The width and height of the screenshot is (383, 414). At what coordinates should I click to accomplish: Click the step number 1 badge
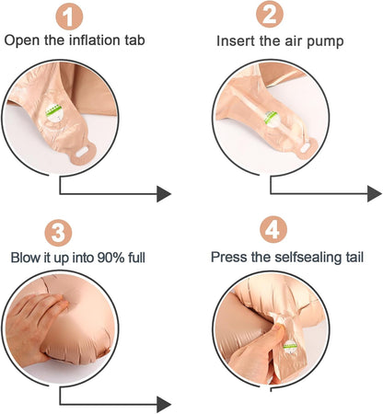[69, 17]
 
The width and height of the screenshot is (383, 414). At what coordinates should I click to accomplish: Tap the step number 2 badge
[270, 14]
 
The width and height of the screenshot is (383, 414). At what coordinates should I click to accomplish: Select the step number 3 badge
[58, 233]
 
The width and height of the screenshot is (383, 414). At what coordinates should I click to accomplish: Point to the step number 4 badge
[273, 229]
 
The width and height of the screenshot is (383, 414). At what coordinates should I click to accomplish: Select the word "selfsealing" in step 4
[308, 257]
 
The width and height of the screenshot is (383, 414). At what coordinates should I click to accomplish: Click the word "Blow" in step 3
[26, 258]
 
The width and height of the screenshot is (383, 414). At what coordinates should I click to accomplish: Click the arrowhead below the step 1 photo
[164, 194]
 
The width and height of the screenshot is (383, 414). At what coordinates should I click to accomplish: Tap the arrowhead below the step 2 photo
[375, 194]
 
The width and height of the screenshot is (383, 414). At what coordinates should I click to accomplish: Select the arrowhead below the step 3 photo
[164, 404]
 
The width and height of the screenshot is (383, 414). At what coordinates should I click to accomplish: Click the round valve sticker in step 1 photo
[54, 112]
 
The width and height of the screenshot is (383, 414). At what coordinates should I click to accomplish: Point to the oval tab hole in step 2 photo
[307, 149]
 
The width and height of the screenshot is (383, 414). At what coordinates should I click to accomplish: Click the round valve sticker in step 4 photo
[290, 347]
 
